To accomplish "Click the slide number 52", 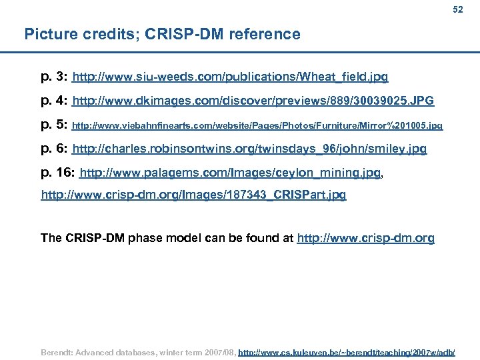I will pyautogui.click(x=457, y=9).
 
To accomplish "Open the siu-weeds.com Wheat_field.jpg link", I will pyautogui.click(x=230, y=77).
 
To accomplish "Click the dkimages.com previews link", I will pyautogui.click(x=253, y=101).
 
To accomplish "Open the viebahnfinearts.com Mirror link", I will pyautogui.click(x=257, y=125).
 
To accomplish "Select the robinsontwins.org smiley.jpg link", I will pyautogui.click(x=249, y=149).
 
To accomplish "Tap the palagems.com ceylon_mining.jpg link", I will pyautogui.click(x=230, y=173).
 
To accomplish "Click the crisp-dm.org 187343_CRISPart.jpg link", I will pyautogui.click(x=193, y=195).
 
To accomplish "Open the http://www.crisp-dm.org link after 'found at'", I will pyautogui.click(x=365, y=238).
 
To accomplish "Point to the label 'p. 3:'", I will pyautogui.click(x=54, y=77).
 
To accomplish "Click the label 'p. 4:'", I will pyautogui.click(x=54, y=101).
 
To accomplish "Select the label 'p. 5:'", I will pyautogui.click(x=54, y=125).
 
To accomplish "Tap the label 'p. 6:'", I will pyautogui.click(x=54, y=149).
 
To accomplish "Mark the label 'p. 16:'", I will pyautogui.click(x=57, y=173).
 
